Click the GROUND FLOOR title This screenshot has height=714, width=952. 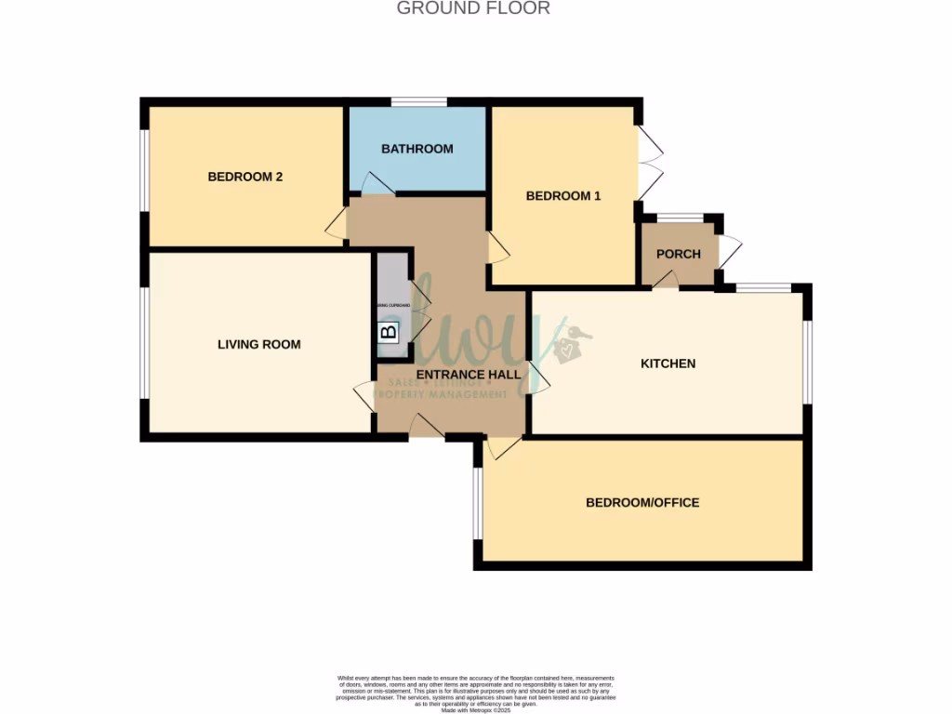coord(473,8)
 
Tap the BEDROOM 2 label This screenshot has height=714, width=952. coord(245,177)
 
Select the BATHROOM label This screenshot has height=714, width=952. coord(417,149)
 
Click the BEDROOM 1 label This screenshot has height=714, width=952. coord(563,196)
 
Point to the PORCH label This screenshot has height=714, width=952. coord(678,255)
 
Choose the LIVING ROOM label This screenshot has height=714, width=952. coord(258,345)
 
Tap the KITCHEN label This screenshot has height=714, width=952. coord(668,364)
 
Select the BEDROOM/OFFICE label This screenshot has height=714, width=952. coord(641,503)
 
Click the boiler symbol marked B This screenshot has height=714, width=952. coord(389,330)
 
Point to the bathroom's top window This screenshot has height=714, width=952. coord(418,102)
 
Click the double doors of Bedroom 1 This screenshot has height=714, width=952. coord(650,163)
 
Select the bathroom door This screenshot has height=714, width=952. coord(377,184)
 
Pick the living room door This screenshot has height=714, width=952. coord(364,396)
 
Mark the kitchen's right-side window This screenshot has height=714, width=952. coord(807,364)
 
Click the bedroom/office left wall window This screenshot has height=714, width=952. coord(478,503)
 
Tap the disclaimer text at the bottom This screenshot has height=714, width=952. coord(476,693)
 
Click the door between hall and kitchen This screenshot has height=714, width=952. coord(536,377)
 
